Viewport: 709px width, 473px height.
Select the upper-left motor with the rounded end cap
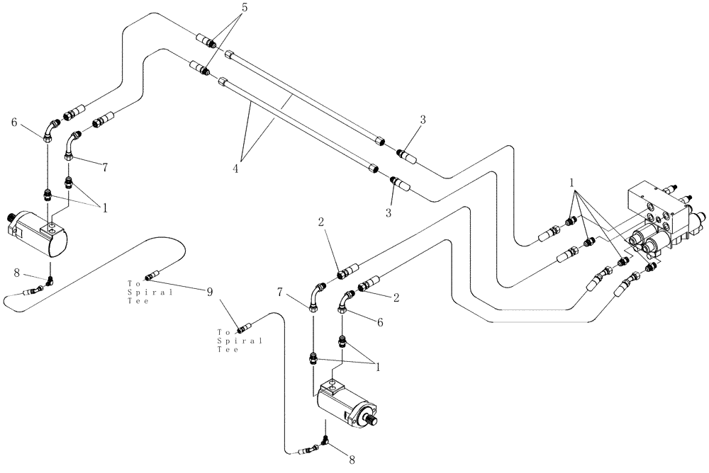pos(38,232)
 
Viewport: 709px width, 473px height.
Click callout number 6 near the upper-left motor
pos(14,122)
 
